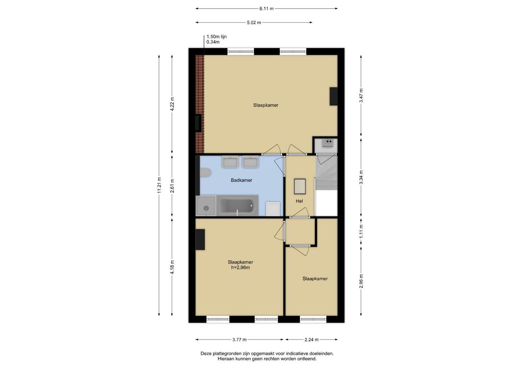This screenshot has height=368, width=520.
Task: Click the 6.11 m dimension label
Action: pyautogui.click(x=266, y=9)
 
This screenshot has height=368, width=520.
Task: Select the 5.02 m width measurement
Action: pyautogui.click(x=254, y=22)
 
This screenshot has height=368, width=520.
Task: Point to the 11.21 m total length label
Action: pyautogui.click(x=159, y=185)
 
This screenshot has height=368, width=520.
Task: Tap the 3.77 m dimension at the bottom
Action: pyautogui.click(x=239, y=340)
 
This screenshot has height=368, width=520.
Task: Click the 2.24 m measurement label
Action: pyautogui.click(x=312, y=340)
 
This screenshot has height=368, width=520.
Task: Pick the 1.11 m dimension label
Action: pyautogui.click(x=361, y=231)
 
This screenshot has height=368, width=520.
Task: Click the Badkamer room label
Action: pyautogui.click(x=241, y=180)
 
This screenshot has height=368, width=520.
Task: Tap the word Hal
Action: pyautogui.click(x=299, y=201)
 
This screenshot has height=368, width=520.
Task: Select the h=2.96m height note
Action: pyautogui.click(x=240, y=267)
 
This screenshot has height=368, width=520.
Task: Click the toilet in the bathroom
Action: pyautogui.click(x=205, y=173)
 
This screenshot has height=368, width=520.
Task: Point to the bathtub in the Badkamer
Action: pyautogui.click(x=237, y=205)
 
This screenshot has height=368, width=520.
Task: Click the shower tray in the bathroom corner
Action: pyautogui.click(x=206, y=205)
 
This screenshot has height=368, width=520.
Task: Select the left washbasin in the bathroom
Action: pyautogui.click(x=230, y=162)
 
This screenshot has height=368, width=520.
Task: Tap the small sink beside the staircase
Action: pyautogui.click(x=328, y=143)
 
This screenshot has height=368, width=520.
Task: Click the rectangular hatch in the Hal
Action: pyautogui.click(x=300, y=186)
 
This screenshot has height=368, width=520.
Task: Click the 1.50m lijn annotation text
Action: pyautogui.click(x=217, y=36)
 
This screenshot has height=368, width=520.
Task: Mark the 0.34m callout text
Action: pyautogui.click(x=213, y=42)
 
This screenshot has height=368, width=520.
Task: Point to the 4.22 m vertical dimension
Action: pyautogui.click(x=172, y=104)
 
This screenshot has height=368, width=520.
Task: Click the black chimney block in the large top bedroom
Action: pyautogui.click(x=334, y=96)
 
